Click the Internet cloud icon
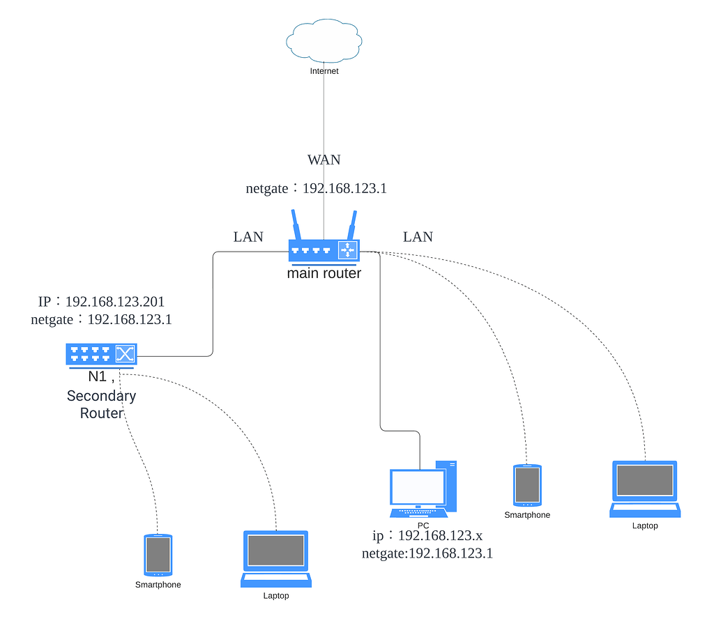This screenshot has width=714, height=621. (324, 41)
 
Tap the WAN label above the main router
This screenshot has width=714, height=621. (324, 160)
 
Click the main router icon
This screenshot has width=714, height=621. (323, 250)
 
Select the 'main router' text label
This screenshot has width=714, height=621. (324, 273)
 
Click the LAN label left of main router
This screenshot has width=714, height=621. (248, 237)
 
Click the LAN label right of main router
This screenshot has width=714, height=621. (418, 237)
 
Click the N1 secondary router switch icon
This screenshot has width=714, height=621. (102, 354)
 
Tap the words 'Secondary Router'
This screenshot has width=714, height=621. (102, 404)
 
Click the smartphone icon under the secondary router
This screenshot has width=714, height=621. (158, 555)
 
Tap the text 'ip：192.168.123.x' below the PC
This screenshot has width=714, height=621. (427, 536)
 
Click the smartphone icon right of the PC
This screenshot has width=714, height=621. (527, 485)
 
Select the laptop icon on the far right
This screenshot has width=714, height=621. (644, 488)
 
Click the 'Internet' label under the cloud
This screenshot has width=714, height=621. (324, 71)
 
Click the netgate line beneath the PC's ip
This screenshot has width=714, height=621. (427, 553)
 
